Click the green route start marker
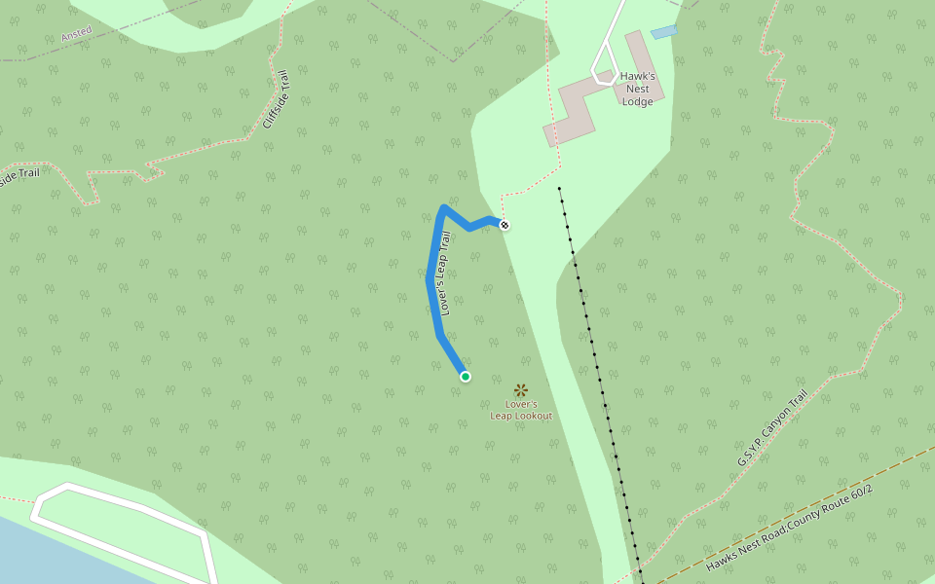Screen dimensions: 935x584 [x=466, y=377]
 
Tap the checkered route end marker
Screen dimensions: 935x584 [x=504, y=226]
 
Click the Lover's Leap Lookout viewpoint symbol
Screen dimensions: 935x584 [x=520, y=390]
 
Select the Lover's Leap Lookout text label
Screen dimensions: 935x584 [x=521, y=410]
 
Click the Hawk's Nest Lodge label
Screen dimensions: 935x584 [x=644, y=89]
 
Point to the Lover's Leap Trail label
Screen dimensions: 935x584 [x=445, y=274]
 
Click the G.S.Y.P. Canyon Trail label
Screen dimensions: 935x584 [x=772, y=428]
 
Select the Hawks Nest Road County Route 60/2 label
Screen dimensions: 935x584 [x=790, y=528]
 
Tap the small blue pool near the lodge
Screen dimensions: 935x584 [x=663, y=32]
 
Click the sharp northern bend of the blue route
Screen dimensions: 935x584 [x=444, y=207]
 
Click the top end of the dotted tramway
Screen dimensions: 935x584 [x=560, y=189]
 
